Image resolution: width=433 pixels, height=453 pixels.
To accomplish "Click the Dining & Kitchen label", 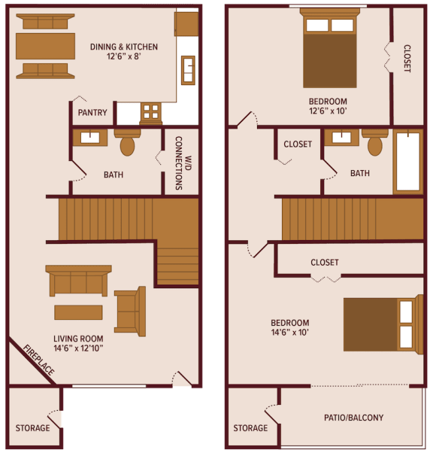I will (x=124, y=47).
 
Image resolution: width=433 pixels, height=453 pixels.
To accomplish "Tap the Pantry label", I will (x=92, y=114).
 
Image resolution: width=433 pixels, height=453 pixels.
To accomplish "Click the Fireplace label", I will (x=38, y=360).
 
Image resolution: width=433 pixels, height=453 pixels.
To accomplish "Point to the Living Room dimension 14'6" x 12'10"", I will (x=78, y=348).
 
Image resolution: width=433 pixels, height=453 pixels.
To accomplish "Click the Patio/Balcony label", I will (x=353, y=418).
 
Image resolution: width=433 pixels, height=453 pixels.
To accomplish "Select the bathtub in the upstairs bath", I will (x=407, y=161).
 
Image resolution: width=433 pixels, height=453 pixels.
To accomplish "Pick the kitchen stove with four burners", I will (x=151, y=112).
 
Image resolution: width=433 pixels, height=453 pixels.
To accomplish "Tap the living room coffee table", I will (x=78, y=312).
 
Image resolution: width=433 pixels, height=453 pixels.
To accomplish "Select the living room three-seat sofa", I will (x=78, y=281).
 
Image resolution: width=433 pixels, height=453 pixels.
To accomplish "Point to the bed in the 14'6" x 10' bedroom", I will (x=379, y=324).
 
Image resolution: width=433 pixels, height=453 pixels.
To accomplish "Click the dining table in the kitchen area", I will (x=45, y=46).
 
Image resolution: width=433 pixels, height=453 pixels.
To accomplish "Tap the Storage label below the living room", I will (x=32, y=428).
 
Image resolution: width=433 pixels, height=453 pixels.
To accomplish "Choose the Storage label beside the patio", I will (x=250, y=428).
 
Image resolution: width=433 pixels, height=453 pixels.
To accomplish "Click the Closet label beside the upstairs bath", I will (x=298, y=144).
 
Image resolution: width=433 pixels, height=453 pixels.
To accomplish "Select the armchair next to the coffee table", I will (x=130, y=311).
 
